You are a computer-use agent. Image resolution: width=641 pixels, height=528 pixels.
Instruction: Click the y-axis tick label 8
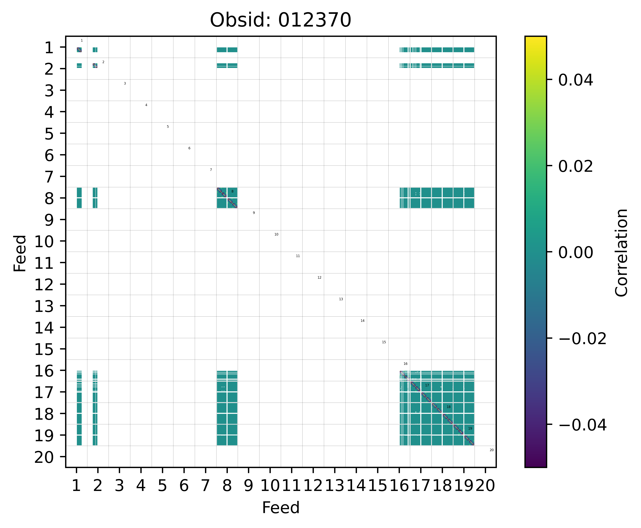click(49, 198)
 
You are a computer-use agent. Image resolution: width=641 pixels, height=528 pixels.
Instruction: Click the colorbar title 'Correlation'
click(621, 252)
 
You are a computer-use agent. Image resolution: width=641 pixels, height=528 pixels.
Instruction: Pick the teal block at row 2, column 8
click(227, 65)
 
